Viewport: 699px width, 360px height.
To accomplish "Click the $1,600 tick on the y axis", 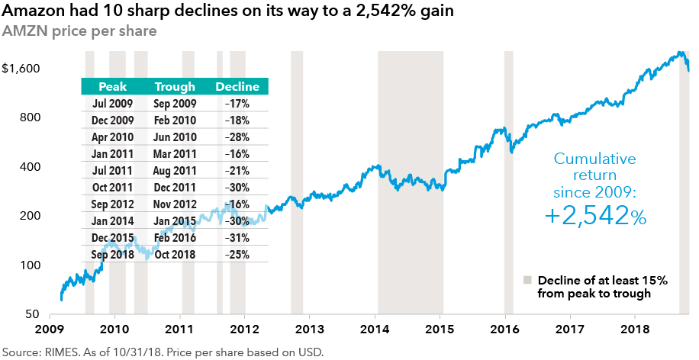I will point(21,69).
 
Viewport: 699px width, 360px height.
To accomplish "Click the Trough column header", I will point(175,87).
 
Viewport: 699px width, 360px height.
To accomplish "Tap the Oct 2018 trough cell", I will point(176,255).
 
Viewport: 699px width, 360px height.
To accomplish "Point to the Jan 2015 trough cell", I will point(176,221).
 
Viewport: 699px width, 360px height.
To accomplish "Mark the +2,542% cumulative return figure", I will point(595,216).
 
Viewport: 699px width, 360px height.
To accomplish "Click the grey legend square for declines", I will point(527,280).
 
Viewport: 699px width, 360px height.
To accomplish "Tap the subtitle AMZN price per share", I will point(79,32).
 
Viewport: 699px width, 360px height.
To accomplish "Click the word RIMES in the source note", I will point(57,352).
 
